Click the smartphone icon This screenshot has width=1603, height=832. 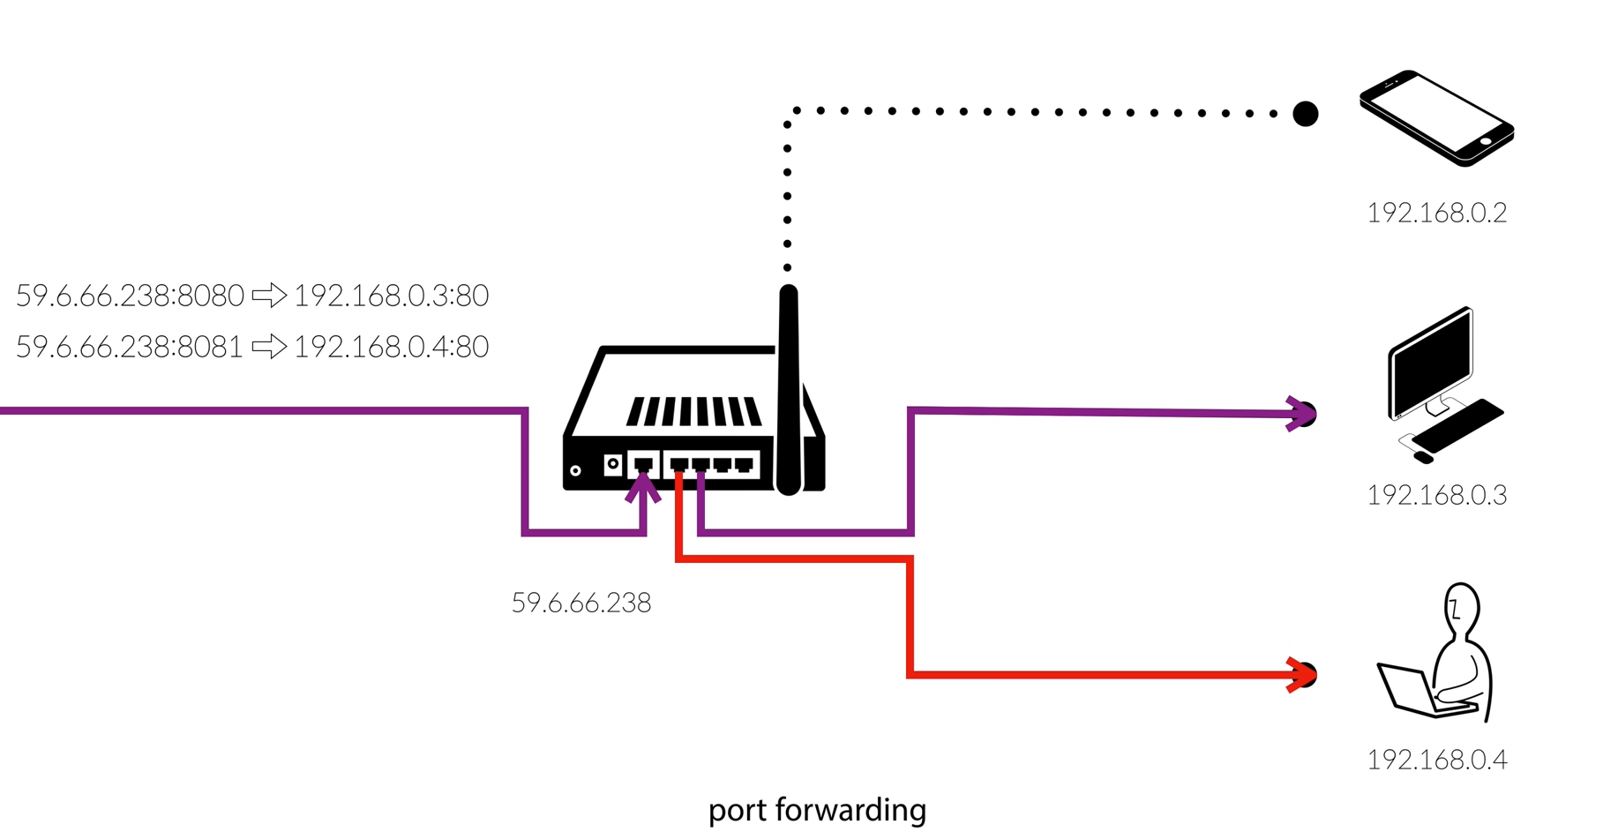coord(1436,117)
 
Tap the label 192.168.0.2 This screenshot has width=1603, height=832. coord(1436,214)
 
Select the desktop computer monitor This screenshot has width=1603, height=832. coord(1430,364)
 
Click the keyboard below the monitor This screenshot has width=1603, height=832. coord(1457,427)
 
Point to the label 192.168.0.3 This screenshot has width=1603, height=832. coord(1436,496)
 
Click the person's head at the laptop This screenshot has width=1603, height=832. coord(1462,607)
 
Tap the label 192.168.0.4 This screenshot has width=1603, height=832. coord(1436,760)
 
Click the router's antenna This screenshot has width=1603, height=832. coord(789,388)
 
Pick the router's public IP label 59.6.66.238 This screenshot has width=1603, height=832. coord(581,603)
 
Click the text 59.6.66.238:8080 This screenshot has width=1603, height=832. coord(130,296)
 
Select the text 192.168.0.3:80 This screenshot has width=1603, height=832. coord(391,296)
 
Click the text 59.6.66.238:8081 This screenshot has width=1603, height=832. coord(130,347)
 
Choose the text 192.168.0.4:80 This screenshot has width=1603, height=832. coord(391,347)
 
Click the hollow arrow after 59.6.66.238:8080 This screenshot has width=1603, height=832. coord(269,295)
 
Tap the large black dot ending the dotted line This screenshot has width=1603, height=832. coord(1306,114)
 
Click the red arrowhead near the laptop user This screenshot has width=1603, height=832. coord(1300,675)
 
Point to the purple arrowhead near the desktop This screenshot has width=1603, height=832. coord(1300,413)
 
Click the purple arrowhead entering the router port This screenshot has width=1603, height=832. coord(643,488)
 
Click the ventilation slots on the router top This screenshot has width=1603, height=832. coord(694,412)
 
